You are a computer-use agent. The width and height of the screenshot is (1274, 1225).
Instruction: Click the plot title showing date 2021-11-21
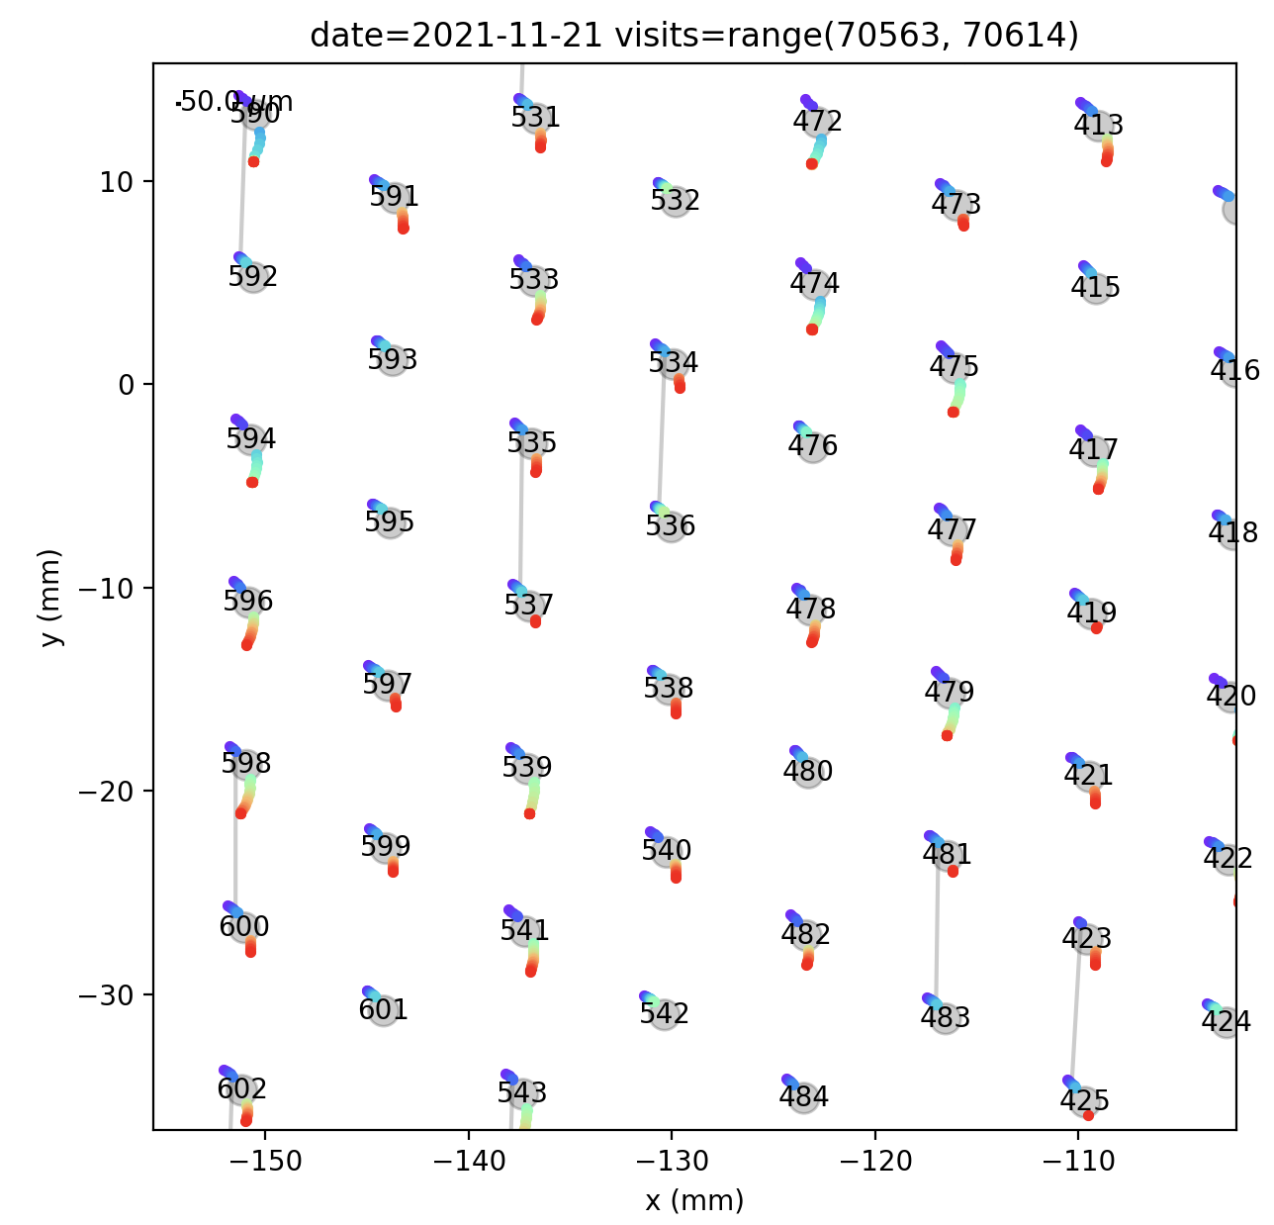point(693,36)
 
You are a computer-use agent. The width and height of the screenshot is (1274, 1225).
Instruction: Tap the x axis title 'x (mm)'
point(693,1200)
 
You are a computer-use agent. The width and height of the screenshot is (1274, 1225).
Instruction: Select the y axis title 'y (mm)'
point(50,597)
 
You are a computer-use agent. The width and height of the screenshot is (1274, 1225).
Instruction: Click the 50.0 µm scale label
point(237,102)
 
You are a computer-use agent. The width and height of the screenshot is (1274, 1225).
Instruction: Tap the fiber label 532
point(675,201)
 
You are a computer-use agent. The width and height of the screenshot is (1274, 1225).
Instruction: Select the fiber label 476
point(812,446)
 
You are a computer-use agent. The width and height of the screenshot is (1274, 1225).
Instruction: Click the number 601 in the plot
point(383,1010)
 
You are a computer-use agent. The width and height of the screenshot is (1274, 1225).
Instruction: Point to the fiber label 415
point(1095,288)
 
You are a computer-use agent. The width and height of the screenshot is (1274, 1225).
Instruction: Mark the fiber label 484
point(803,1097)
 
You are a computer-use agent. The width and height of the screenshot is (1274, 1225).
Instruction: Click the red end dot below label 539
point(529,813)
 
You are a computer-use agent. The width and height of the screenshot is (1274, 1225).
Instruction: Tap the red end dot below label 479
point(947,735)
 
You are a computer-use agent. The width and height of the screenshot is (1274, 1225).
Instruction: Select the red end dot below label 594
point(252,482)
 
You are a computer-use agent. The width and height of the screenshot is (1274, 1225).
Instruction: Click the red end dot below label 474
point(812,329)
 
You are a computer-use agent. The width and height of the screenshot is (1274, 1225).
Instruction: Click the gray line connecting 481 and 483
point(937,935)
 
